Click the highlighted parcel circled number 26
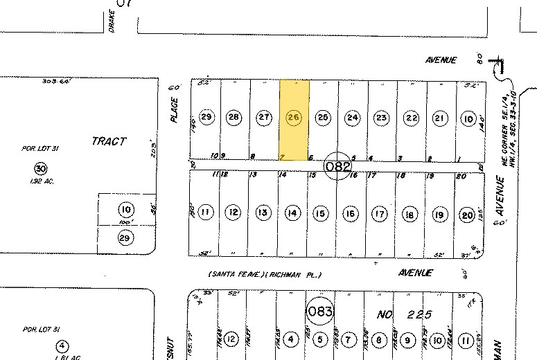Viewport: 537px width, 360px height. tap(294, 118)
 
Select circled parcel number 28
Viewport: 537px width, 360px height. tap(234, 118)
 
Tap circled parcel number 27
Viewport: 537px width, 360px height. tap(264, 118)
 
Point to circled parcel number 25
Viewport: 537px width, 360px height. tap(323, 118)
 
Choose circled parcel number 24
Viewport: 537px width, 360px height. tap(353, 118)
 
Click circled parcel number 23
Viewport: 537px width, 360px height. tap(382, 118)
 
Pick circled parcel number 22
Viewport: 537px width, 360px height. tap(412, 118)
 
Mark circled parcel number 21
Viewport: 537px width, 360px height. tap(439, 118)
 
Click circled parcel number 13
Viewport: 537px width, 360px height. tap(263, 214)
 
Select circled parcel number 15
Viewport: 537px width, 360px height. tap(320, 214)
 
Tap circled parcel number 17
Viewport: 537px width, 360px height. tap(380, 214)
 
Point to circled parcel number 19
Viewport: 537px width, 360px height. tap(439, 214)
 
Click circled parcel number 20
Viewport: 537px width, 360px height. tap(468, 214)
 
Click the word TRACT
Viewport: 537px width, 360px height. tap(109, 141)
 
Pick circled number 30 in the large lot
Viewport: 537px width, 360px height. tap(41, 168)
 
